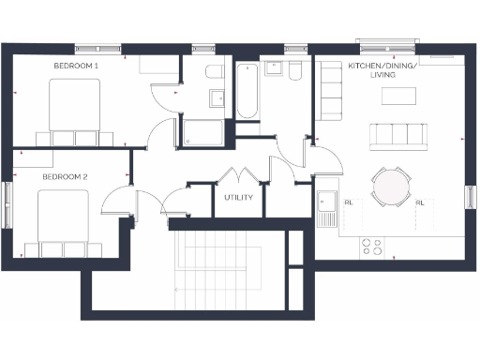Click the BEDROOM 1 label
pyautogui.click(x=76, y=67)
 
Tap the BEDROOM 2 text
pyautogui.click(x=65, y=176)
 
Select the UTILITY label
pyautogui.click(x=238, y=198)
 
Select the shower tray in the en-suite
pyautogui.click(x=202, y=132)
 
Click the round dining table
pyautogui.click(x=391, y=186)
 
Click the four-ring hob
pyautogui.click(x=371, y=247)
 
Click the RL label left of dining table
pyautogui.click(x=349, y=202)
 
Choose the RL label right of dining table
pyautogui.click(x=419, y=202)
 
